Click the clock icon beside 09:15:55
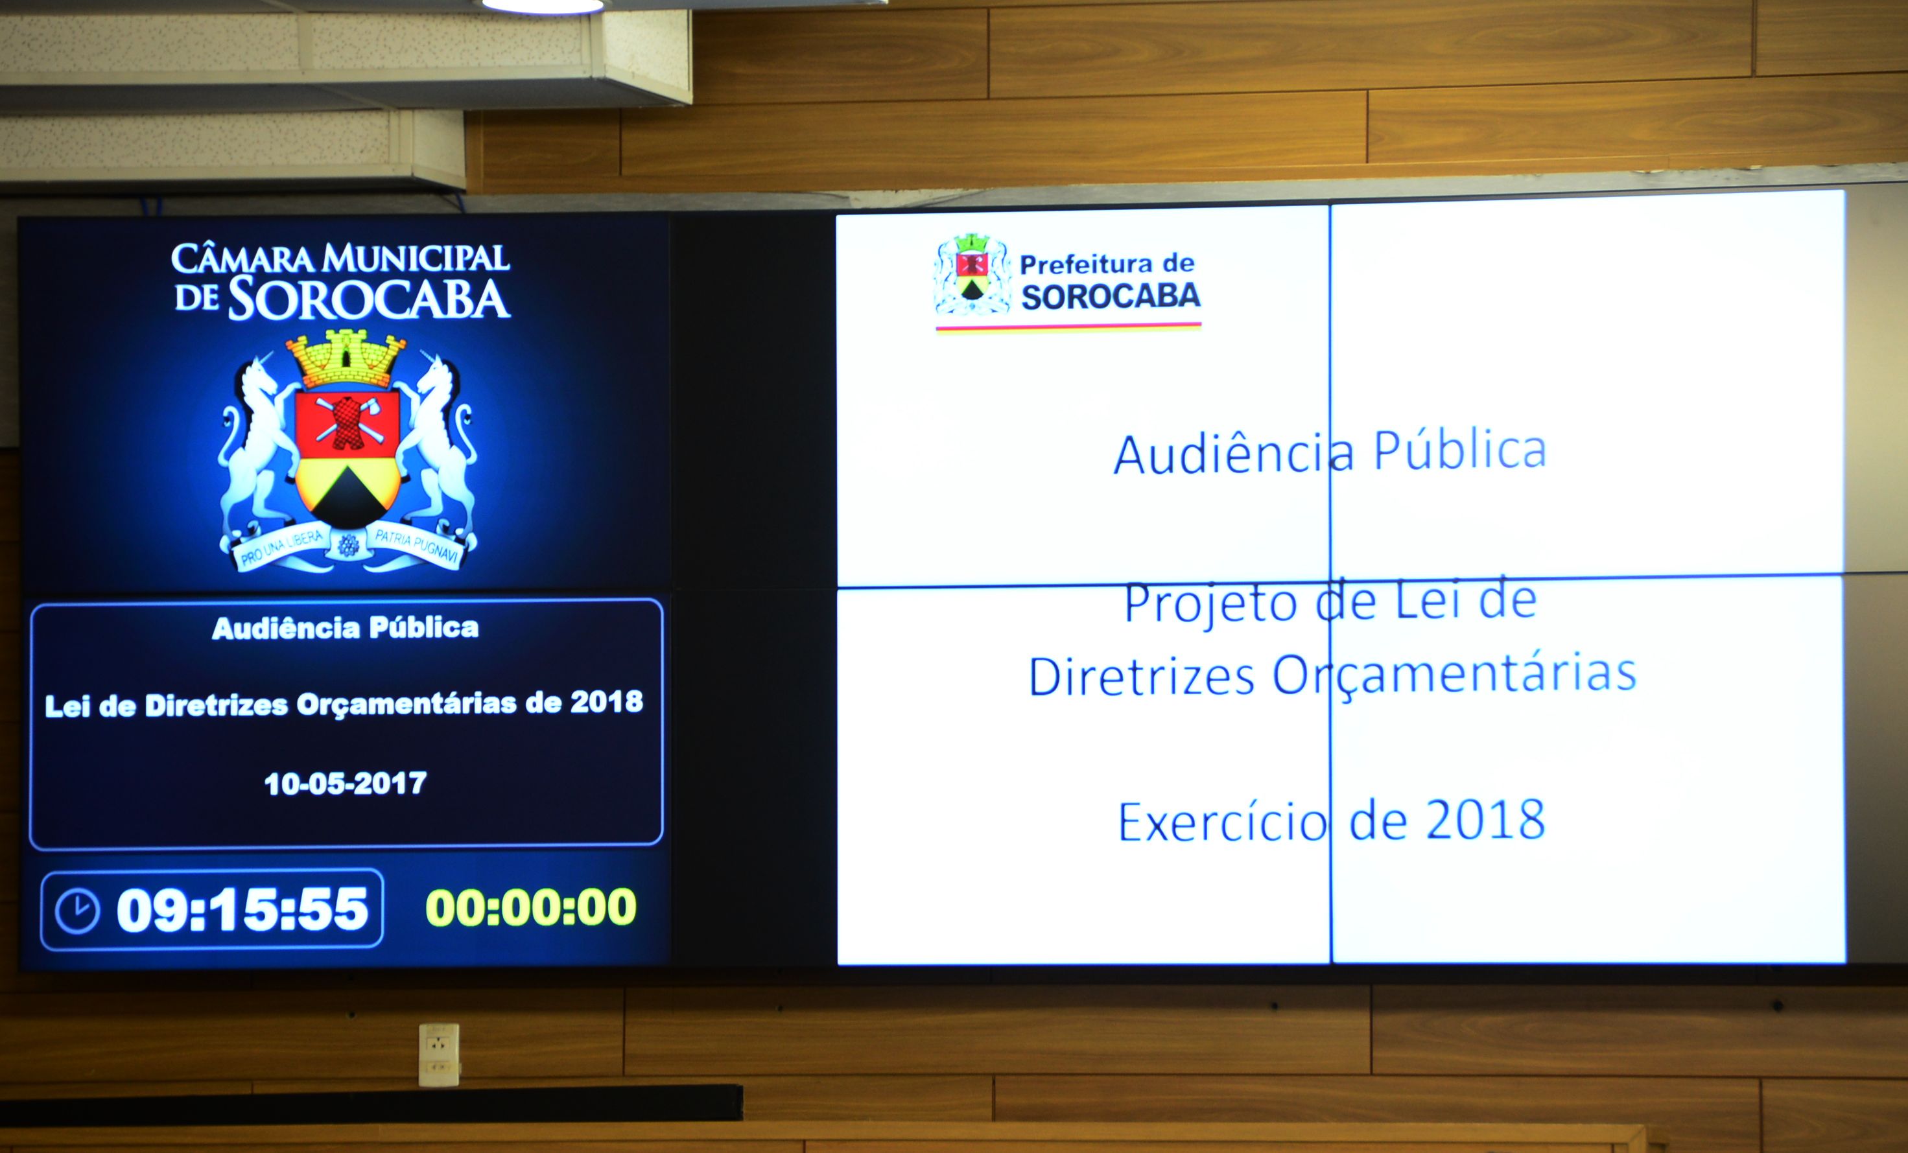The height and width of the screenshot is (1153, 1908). (77, 911)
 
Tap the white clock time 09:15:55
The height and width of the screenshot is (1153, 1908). (242, 909)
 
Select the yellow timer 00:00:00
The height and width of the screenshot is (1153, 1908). (531, 907)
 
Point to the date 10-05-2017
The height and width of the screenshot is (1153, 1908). (346, 784)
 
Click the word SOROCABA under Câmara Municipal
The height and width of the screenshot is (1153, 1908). (369, 299)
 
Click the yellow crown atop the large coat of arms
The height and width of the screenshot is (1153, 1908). (346, 359)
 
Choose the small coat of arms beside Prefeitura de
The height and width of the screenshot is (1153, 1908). (972, 275)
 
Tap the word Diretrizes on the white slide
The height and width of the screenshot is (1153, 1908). (1142, 675)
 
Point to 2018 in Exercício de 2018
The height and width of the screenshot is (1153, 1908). (1485, 820)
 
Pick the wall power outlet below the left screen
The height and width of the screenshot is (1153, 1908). (438, 1054)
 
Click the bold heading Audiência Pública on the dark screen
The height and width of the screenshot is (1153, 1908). (346, 628)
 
